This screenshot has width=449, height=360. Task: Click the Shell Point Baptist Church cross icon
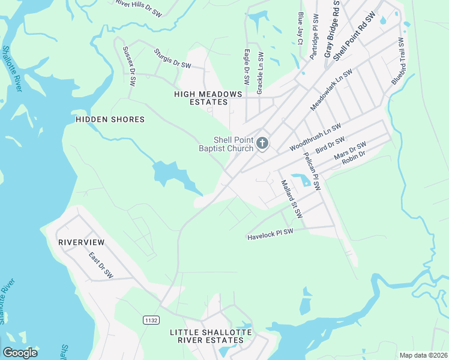click(262, 143)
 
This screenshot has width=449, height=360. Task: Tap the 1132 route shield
click(151, 321)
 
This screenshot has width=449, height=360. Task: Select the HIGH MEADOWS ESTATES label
click(208, 98)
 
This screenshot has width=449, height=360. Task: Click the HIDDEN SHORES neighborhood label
click(110, 119)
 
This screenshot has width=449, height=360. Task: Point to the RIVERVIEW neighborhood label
click(81, 242)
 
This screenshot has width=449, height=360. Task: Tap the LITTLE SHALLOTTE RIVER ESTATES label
click(207, 336)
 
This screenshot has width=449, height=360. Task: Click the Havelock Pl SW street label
click(270, 235)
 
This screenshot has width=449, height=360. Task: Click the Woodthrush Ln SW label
click(315, 137)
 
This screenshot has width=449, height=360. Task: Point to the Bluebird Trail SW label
click(398, 62)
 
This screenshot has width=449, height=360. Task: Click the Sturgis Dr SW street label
click(172, 59)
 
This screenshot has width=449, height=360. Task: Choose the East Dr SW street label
click(101, 265)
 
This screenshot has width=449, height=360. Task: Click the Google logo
click(20, 353)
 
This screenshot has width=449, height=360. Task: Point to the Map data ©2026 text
click(423, 355)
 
